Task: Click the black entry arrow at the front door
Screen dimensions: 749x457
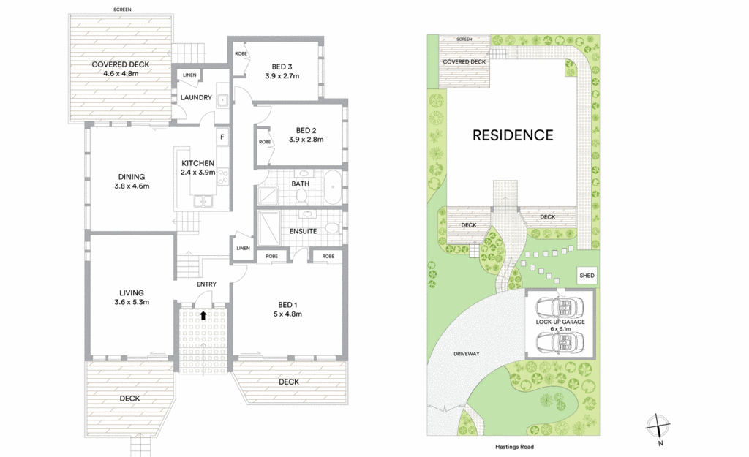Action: [x=203, y=315]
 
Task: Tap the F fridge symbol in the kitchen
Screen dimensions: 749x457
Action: [x=222, y=137]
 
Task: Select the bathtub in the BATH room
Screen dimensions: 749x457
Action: [x=333, y=188]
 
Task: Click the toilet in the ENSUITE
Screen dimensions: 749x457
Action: [x=332, y=227]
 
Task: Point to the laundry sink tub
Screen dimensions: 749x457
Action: [x=222, y=100]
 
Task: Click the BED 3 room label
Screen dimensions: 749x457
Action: [x=282, y=67]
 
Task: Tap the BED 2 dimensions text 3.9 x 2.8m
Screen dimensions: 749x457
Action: [x=306, y=140]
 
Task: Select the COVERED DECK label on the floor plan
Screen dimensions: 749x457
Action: [x=121, y=64]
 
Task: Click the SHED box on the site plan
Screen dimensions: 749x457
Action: [x=587, y=276]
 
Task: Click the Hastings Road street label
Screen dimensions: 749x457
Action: [x=514, y=447]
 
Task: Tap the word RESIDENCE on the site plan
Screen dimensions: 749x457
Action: [x=513, y=135]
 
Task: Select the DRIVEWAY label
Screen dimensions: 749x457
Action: [x=466, y=354]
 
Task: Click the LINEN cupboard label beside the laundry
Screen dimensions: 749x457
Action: [x=189, y=75]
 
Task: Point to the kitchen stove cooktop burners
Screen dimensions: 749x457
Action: [x=222, y=175]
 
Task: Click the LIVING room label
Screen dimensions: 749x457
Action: [x=132, y=292]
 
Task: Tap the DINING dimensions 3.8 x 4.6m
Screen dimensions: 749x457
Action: [x=132, y=186]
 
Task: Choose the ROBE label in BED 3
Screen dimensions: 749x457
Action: [x=241, y=53]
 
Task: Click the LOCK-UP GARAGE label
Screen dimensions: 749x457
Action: [x=560, y=322]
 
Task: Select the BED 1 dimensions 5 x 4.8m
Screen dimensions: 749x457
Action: [x=287, y=314]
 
